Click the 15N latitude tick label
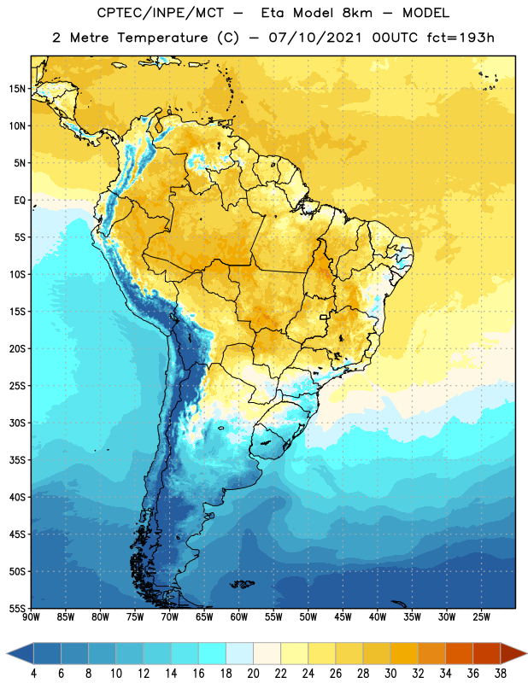click(x=17, y=89)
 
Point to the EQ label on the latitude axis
click(x=20, y=201)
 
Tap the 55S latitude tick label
click(x=17, y=608)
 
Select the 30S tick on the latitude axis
click(x=17, y=423)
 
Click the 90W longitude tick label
click(x=31, y=617)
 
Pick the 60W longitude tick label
click(x=239, y=617)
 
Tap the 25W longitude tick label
click(x=481, y=617)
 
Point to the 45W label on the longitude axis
click(x=343, y=617)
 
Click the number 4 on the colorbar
click(x=33, y=674)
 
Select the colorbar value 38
click(x=501, y=674)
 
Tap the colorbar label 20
click(x=253, y=674)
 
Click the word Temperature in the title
click(x=162, y=38)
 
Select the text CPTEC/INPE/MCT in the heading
click(x=161, y=13)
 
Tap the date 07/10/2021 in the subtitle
click(x=314, y=38)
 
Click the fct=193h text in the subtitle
click(x=461, y=38)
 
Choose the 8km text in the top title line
click(x=357, y=13)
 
